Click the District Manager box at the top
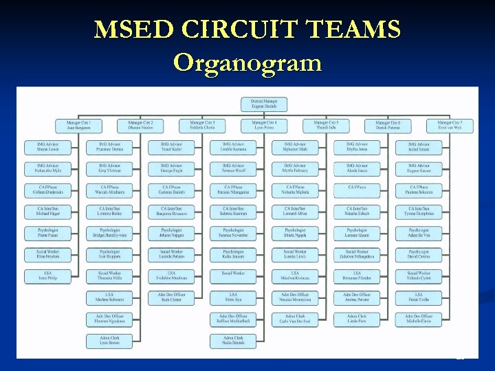(x=264, y=104)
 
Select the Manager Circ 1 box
(x=79, y=126)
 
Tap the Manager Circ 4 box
(x=264, y=126)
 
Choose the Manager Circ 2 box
(x=140, y=126)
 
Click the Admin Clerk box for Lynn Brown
(x=109, y=341)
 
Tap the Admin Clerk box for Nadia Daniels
(x=233, y=341)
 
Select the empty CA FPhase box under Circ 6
(x=357, y=190)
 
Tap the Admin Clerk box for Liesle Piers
(x=357, y=319)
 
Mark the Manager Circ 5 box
(x=326, y=126)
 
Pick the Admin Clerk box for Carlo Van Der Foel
(x=295, y=319)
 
